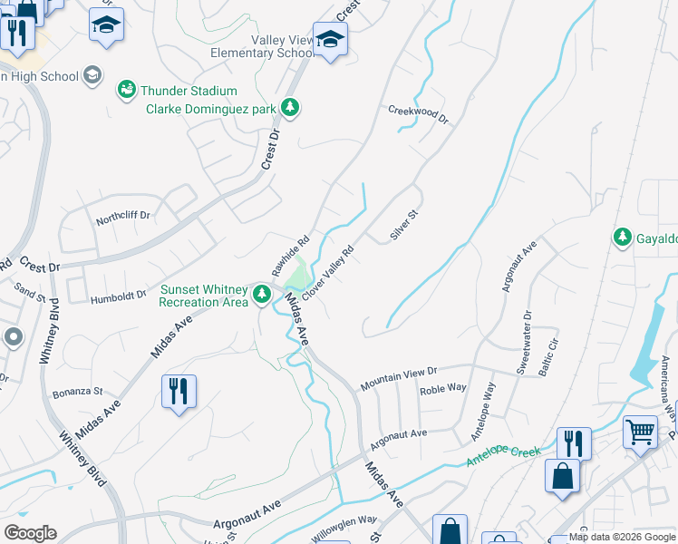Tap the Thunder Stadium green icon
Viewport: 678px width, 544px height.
[126, 91]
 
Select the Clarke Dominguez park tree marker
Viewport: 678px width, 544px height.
[289, 109]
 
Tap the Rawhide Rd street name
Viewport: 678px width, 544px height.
[291, 256]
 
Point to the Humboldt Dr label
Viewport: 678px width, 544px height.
[118, 296]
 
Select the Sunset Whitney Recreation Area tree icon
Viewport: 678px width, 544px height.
[262, 295]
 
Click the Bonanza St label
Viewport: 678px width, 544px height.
[77, 392]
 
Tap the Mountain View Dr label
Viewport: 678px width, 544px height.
[399, 377]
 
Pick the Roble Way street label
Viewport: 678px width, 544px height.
[443, 388]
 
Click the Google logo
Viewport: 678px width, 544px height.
[30, 533]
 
